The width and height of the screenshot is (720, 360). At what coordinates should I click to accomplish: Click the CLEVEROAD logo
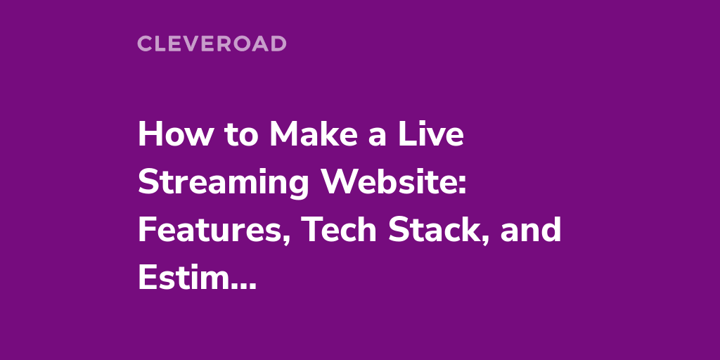coord(212,44)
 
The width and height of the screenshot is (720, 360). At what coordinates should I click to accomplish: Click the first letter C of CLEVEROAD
coord(145,44)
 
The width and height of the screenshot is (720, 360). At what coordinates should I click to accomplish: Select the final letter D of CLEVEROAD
coord(278,44)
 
